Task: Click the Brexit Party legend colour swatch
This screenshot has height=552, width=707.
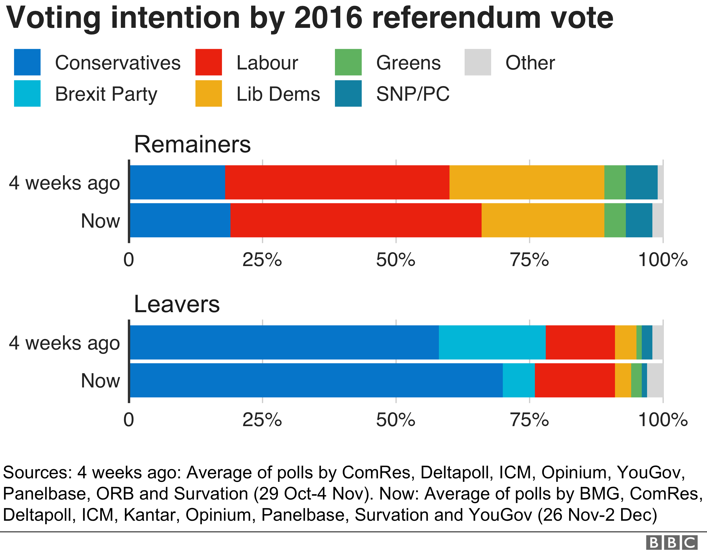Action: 27,94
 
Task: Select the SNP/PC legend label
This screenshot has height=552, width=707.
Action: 413,94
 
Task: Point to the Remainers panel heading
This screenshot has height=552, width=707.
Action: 192,144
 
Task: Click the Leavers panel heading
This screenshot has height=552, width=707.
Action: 177,304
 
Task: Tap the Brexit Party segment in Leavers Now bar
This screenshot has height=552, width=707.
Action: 519,380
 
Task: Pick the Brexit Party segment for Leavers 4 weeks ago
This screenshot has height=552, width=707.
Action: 492,342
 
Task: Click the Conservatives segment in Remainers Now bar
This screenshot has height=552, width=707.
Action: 180,220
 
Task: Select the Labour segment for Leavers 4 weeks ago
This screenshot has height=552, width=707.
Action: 580,342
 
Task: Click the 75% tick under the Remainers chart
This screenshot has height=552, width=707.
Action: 530,260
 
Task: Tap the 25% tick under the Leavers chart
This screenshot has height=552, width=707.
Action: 262,420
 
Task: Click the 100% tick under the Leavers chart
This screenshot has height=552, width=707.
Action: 663,420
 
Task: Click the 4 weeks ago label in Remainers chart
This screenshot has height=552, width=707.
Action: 64,183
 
